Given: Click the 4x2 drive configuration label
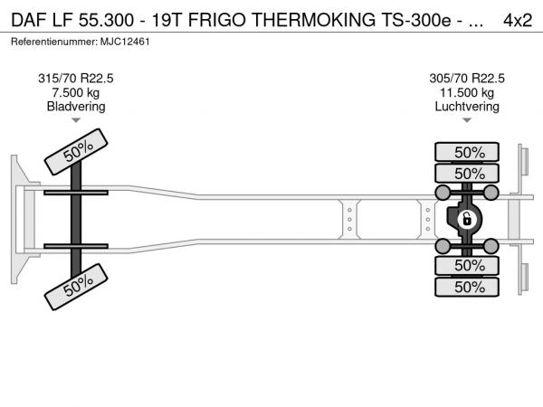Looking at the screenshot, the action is tap(518, 20).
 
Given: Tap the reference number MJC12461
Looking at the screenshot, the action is tap(125, 42).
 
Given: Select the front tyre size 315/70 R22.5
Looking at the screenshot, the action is tap(76, 79).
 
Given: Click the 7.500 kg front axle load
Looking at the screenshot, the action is tap(76, 93).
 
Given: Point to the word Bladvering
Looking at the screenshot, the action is tap(76, 107).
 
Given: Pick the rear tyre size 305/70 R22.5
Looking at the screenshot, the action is tap(467, 79).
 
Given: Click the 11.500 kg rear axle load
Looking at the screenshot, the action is tap(467, 93).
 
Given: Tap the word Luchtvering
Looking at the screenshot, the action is tap(467, 107).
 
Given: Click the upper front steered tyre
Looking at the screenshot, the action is tap(76, 152).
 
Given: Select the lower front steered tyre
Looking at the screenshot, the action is tap(76, 287).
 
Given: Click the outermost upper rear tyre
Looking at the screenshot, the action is tap(467, 152).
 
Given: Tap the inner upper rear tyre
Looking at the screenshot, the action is tap(467, 173).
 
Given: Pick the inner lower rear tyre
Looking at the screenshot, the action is tap(467, 265).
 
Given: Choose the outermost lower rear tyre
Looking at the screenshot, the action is tap(467, 287).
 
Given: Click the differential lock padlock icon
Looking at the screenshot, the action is tap(466, 220).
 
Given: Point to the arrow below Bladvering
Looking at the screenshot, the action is tap(76, 120).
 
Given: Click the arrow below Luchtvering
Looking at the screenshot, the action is tap(467, 120).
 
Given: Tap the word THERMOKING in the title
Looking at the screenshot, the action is tap(313, 20).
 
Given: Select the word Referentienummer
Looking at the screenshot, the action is tap(54, 42).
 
